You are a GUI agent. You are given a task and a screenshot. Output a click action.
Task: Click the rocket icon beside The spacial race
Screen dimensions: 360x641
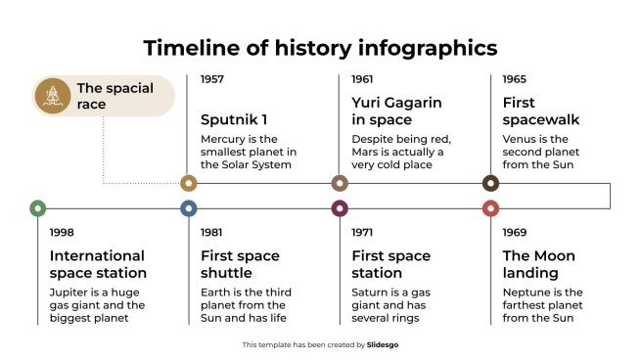click(x=50, y=96)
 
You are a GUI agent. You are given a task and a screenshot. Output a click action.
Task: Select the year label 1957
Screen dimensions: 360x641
click(x=212, y=79)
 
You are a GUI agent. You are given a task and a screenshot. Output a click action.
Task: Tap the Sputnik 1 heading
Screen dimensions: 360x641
click(x=233, y=119)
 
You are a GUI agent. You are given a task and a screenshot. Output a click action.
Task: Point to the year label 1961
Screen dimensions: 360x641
click(x=363, y=79)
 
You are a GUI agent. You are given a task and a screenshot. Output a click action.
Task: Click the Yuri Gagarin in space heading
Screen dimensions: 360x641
click(x=396, y=111)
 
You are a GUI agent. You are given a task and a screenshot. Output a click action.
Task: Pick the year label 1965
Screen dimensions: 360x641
click(x=515, y=79)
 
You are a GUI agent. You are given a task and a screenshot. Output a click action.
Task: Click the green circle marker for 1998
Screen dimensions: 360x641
click(x=37, y=207)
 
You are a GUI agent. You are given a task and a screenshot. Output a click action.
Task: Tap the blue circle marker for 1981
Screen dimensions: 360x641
click(x=189, y=207)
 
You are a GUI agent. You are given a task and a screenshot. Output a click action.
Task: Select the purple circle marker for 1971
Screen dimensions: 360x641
click(x=340, y=207)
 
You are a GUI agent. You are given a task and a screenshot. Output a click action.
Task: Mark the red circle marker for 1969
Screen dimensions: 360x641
click(x=490, y=207)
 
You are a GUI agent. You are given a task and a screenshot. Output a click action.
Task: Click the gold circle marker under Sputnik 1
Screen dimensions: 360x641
click(x=189, y=183)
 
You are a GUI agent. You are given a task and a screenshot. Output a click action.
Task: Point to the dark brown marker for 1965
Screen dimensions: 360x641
click(x=490, y=183)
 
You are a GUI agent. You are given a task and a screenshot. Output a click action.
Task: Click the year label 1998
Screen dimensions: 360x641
click(x=62, y=233)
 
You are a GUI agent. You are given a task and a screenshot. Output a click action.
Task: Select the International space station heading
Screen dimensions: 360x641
click(x=98, y=264)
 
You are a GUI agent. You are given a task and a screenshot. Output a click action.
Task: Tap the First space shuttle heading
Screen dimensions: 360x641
click(x=240, y=264)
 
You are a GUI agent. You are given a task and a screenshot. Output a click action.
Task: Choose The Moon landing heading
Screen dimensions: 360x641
click(x=538, y=264)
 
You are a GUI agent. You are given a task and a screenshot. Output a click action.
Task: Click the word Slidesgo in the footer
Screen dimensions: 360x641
click(x=383, y=344)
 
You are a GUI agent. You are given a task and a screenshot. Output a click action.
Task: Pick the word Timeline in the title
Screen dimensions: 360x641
click(x=192, y=48)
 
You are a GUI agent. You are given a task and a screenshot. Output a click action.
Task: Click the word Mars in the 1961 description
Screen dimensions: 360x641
click(x=366, y=152)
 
